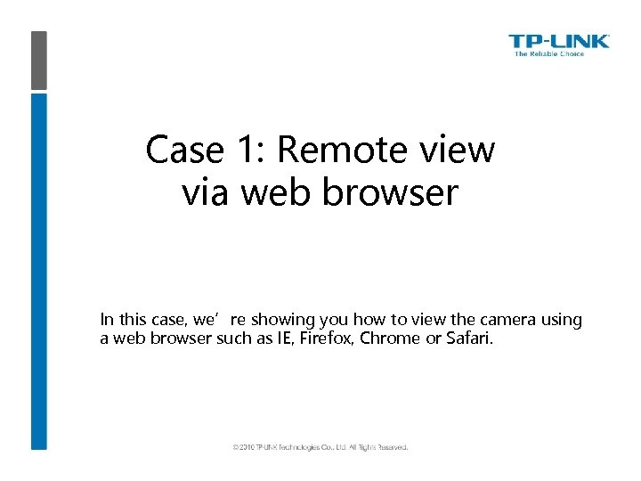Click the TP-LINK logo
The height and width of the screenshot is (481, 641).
[558, 41]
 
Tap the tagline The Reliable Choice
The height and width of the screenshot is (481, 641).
[549, 54]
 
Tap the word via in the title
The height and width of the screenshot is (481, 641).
[204, 192]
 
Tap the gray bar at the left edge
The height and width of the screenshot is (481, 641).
[39, 61]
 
